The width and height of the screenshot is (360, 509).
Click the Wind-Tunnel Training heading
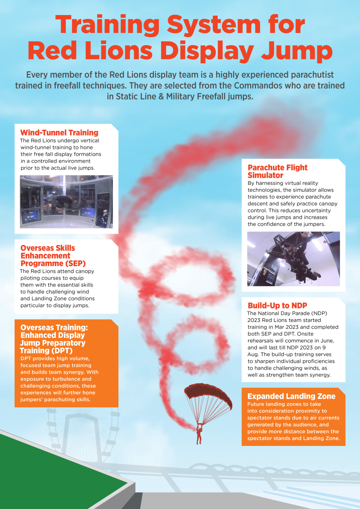tap(59, 133)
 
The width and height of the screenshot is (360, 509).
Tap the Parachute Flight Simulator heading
tap(277, 171)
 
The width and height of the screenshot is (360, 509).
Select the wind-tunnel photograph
tap(66, 202)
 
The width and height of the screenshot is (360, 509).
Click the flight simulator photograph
tap(293, 259)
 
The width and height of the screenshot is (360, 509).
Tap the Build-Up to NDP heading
tap(277, 305)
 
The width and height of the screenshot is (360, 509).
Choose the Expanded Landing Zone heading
tap(291, 396)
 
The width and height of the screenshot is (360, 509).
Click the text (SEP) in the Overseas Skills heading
tap(75, 263)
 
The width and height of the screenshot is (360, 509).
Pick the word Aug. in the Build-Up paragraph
tap(253, 354)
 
